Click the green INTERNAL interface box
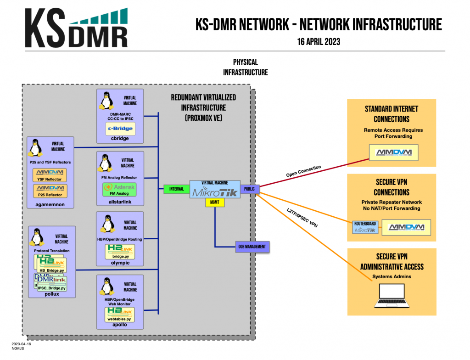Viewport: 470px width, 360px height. (x=176, y=189)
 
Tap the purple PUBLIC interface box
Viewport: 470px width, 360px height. (x=250, y=188)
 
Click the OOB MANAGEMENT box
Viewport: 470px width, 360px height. (x=252, y=247)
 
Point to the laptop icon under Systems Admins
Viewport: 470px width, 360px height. (x=391, y=296)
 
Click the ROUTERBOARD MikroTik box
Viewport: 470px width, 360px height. (x=365, y=227)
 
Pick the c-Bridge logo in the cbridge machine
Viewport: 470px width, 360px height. (x=120, y=129)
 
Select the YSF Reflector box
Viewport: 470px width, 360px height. (x=50, y=175)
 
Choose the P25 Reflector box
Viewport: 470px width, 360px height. (x=50, y=191)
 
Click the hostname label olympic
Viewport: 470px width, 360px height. (x=120, y=263)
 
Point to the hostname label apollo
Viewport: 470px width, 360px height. (x=120, y=325)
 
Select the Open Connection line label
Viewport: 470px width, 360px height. (x=303, y=171)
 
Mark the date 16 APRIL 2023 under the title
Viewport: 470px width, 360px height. (x=319, y=41)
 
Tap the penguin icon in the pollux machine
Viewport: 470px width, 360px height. (x=37, y=237)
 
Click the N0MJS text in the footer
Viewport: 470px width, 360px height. (x=18, y=349)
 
